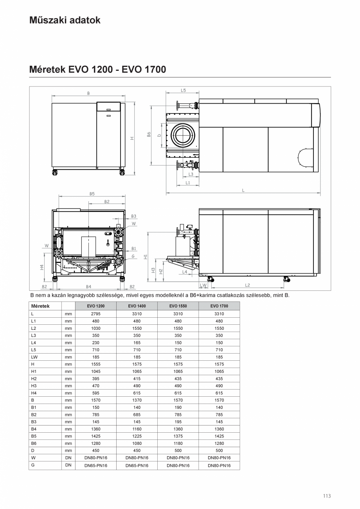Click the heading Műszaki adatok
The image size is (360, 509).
pyautogui.click(x=65, y=20)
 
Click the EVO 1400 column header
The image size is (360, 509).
pyautogui.click(x=137, y=306)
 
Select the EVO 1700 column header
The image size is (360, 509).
pyautogui.click(x=219, y=306)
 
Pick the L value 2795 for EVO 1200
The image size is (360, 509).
pyautogui.click(x=95, y=314)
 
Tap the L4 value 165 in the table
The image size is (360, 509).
pyautogui.click(x=137, y=343)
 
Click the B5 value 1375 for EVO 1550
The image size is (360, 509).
pyautogui.click(x=178, y=436)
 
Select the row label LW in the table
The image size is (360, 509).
pyautogui.click(x=34, y=357)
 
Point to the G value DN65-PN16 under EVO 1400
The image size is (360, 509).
pyautogui.click(x=137, y=466)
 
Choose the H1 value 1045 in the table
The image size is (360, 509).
pyautogui.click(x=95, y=371)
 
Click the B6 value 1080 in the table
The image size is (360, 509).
pyautogui.click(x=137, y=443)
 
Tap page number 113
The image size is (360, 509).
pyautogui.click(x=327, y=496)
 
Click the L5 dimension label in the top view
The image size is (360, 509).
pyautogui.click(x=183, y=90)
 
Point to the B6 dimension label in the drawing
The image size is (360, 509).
pyautogui.click(x=149, y=134)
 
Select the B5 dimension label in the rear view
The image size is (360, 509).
pyautogui.click(x=92, y=194)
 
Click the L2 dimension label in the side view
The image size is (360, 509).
pyautogui.click(x=247, y=285)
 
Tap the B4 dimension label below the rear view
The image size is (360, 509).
pyautogui.click(x=88, y=287)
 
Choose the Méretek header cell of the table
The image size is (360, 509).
pyautogui.click(x=40, y=306)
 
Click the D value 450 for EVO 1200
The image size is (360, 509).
pyautogui.click(x=95, y=451)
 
